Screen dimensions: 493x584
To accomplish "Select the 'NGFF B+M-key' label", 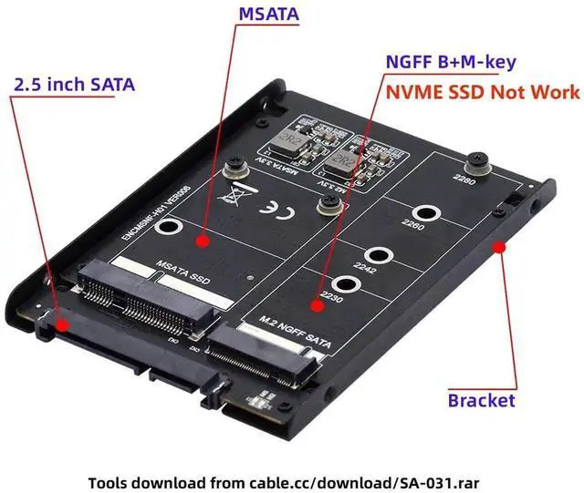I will point(451,63).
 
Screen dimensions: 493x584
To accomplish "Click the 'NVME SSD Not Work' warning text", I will point(482,92).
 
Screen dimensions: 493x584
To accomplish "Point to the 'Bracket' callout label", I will point(481,400).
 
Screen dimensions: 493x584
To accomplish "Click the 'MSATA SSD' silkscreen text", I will point(182,272).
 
